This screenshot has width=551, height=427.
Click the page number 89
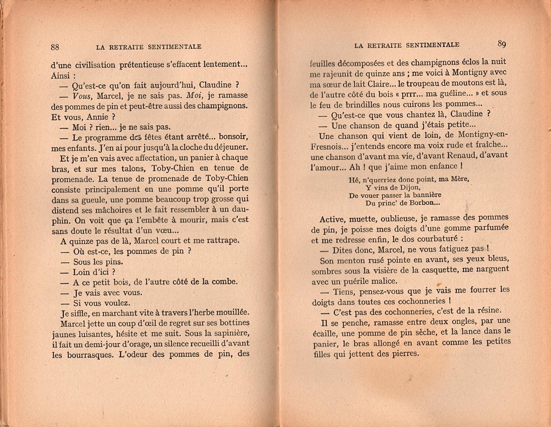(x=501, y=43)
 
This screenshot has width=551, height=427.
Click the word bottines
(x=234, y=323)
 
